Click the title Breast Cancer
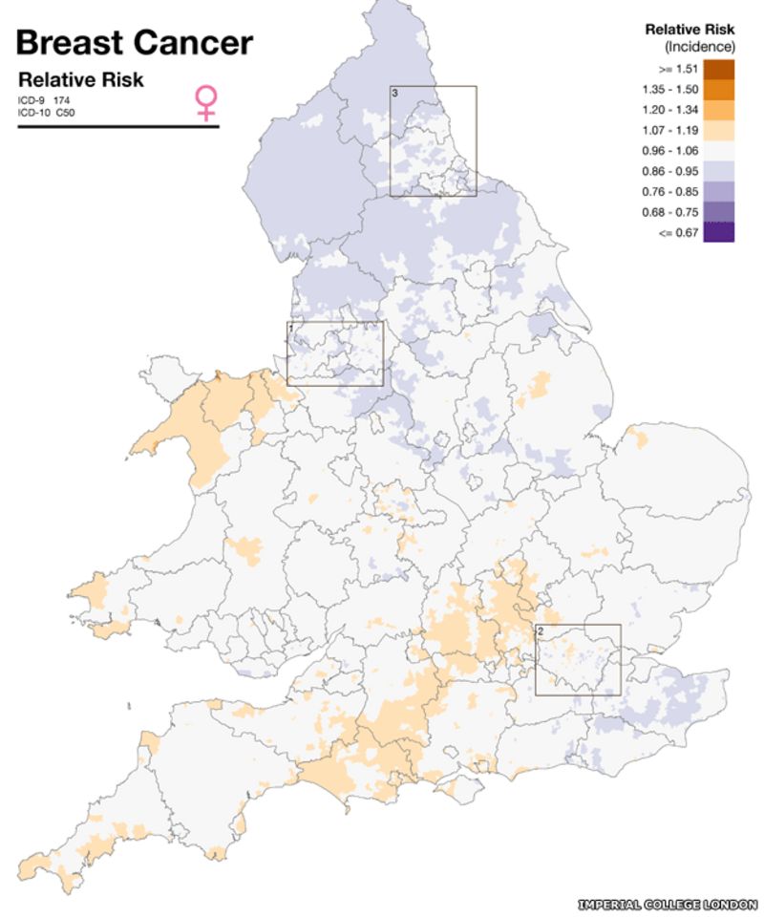[x=135, y=42]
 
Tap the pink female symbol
[x=205, y=102]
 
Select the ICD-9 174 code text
[x=44, y=100]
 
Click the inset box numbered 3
[x=433, y=141]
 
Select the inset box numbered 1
[x=335, y=353]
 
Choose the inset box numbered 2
[x=578, y=659]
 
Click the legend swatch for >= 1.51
[x=719, y=69]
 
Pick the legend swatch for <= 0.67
[x=719, y=232]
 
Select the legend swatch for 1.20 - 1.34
[x=719, y=110]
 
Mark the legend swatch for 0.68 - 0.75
[x=719, y=211]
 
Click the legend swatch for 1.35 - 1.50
[x=719, y=89]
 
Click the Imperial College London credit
[x=668, y=904]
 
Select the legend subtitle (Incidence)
[x=699, y=46]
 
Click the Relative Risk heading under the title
[x=81, y=79]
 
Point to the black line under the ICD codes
[x=118, y=125]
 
